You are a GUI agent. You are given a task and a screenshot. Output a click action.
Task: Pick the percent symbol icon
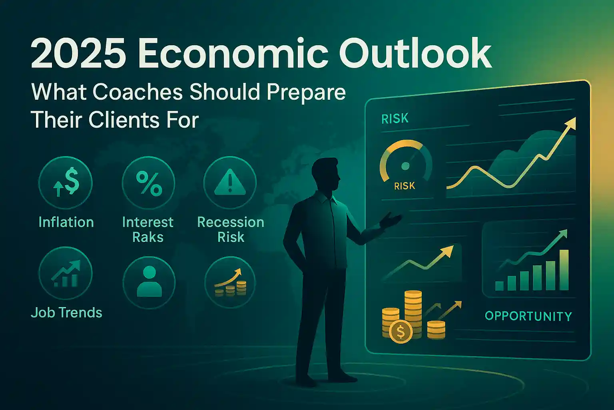(148, 183)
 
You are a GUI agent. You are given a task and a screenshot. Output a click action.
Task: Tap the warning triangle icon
(230, 183)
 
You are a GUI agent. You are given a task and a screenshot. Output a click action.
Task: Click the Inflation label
(66, 222)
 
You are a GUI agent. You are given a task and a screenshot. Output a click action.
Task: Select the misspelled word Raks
(148, 237)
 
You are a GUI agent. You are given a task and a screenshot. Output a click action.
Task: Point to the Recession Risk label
(231, 229)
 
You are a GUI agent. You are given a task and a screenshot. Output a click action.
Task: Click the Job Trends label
(66, 313)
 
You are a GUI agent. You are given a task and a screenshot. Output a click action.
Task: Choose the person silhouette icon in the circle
(149, 282)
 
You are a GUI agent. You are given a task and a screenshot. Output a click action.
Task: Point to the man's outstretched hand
(392, 219)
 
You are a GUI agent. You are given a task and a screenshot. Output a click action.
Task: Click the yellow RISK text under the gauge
(405, 186)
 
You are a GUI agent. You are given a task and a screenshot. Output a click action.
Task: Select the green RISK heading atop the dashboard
(395, 119)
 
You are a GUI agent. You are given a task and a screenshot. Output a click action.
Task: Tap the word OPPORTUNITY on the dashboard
(528, 316)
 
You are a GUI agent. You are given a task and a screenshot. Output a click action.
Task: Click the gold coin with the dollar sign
(401, 332)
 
